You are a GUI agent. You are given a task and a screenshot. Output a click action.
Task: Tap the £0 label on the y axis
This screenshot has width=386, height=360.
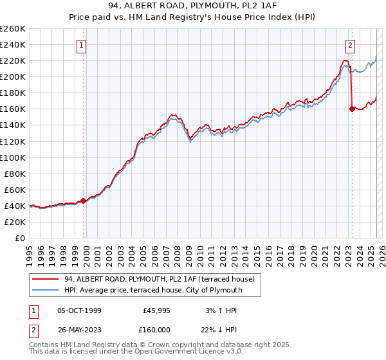(21, 238)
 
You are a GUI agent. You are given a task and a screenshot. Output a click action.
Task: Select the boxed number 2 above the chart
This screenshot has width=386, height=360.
(350, 46)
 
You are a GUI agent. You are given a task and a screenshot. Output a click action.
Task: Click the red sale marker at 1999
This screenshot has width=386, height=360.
(83, 201)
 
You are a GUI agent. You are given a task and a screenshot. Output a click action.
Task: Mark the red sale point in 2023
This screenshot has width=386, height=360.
(351, 109)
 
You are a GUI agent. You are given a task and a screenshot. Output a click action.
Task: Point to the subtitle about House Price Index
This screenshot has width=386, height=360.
(192, 17)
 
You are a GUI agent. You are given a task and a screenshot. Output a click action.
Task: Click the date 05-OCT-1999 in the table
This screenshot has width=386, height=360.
(79, 310)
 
